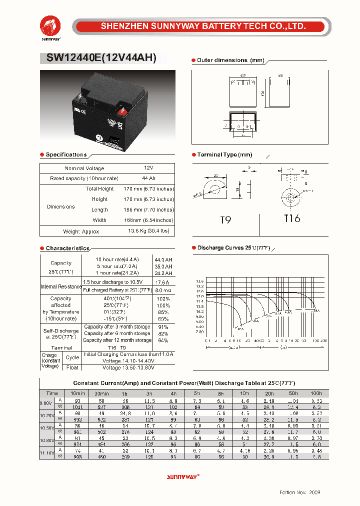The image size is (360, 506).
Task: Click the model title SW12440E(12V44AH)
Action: point(98,58)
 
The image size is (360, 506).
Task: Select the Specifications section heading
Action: point(66,155)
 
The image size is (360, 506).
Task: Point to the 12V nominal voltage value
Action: point(148,168)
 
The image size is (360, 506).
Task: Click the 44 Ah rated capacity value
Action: point(148,178)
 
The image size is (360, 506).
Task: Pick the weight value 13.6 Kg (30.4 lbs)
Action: point(149,231)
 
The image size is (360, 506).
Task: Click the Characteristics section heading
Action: point(67,248)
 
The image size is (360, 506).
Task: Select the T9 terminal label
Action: point(225,220)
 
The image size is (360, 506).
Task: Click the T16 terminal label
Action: point(292,218)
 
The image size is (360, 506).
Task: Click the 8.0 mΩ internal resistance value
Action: point(163,290)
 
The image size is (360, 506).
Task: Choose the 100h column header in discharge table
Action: point(316,393)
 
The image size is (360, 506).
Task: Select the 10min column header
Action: point(77,393)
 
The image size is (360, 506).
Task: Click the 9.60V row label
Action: point(46,403)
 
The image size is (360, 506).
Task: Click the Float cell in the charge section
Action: point(72,367)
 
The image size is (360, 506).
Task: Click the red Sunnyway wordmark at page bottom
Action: point(182,477)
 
